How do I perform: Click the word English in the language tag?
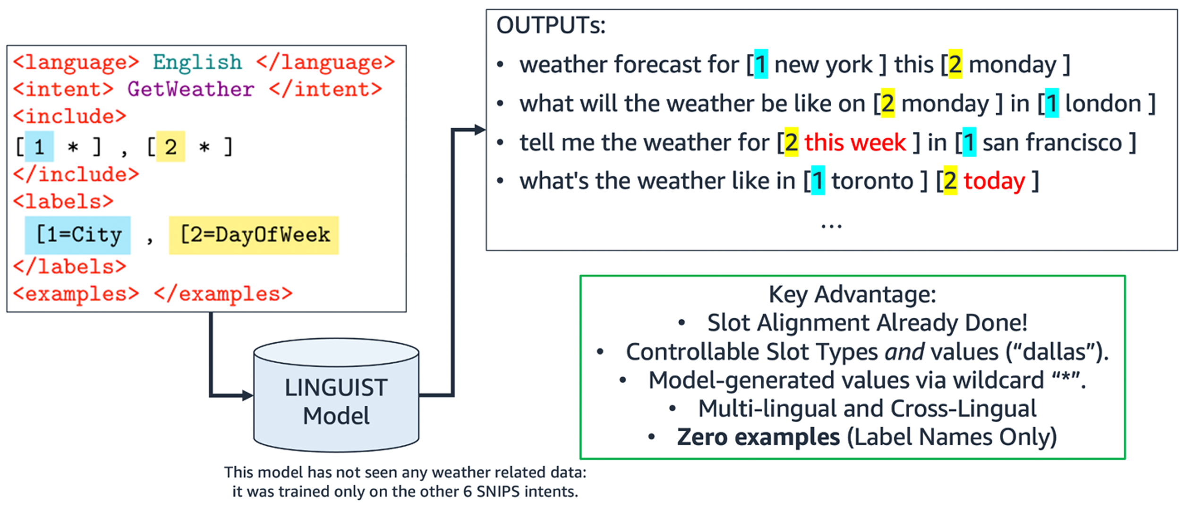tap(197, 62)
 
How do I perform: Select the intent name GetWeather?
tap(191, 89)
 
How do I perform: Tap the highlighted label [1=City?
tap(78, 235)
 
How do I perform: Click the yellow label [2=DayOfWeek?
tap(255, 235)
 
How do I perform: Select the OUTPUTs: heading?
tap(551, 25)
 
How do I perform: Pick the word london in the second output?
tap(1103, 103)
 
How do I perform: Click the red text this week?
tap(855, 142)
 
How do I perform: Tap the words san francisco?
tap(1052, 142)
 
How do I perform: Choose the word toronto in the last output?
tap(872, 181)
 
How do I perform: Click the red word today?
tap(994, 181)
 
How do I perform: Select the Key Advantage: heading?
tap(852, 295)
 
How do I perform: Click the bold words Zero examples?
tap(758, 437)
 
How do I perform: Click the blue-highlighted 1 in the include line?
tap(39, 147)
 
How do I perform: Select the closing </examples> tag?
tap(223, 294)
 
